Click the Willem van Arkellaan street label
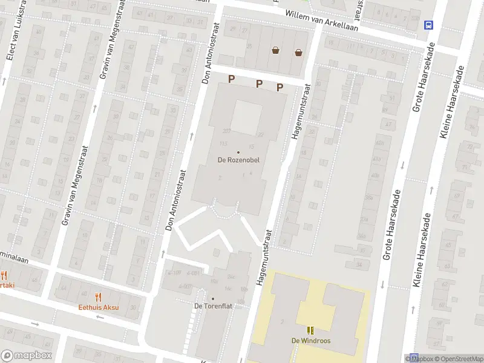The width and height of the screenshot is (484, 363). pyautogui.click(x=322, y=20)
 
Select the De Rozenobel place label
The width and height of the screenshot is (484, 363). pyautogui.click(x=238, y=160)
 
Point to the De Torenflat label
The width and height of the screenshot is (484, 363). pyautogui.click(x=213, y=306)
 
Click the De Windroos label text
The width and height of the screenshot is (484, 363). pyautogui.click(x=312, y=340)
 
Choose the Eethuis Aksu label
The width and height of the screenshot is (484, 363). pyautogui.click(x=99, y=307)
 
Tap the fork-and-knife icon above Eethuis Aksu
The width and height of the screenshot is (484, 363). pyautogui.click(x=99, y=296)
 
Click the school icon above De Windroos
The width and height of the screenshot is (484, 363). pyautogui.click(x=312, y=330)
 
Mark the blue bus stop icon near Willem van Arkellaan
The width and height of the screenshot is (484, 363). pyautogui.click(x=429, y=25)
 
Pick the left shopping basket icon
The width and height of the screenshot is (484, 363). pyautogui.click(x=276, y=51)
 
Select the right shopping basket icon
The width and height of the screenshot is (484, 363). pyautogui.click(x=298, y=52)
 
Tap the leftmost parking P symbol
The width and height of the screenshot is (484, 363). pyautogui.click(x=231, y=79)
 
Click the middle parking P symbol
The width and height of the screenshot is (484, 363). pyautogui.click(x=259, y=83)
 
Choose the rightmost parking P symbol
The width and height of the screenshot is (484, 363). pyautogui.click(x=280, y=87)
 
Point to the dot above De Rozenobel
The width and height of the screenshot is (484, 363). pyautogui.click(x=238, y=152)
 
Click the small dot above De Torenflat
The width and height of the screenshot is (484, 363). pyautogui.click(x=213, y=298)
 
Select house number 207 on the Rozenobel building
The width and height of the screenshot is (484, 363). pyautogui.click(x=227, y=131)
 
